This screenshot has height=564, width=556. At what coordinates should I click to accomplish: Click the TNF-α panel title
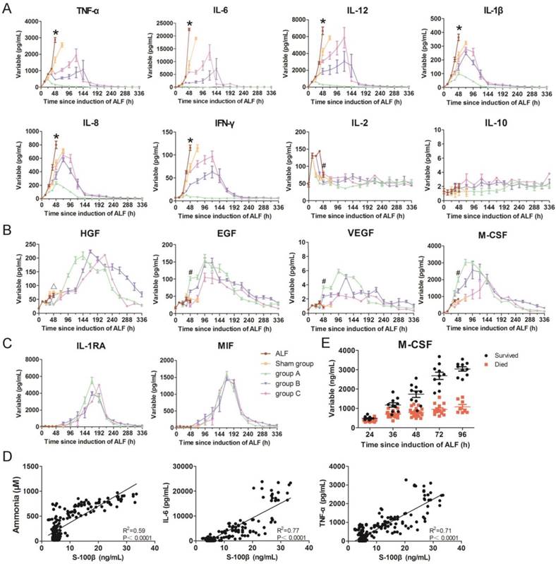68,11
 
